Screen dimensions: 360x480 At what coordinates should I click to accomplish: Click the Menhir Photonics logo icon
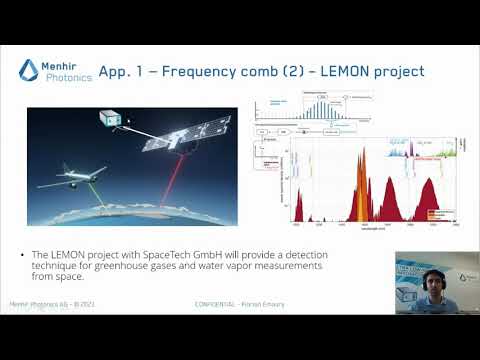click(x=29, y=69)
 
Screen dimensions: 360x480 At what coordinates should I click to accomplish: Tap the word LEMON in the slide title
click(x=335, y=71)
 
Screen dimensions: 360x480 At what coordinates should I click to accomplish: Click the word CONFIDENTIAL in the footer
click(x=216, y=302)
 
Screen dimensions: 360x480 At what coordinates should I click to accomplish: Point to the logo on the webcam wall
click(x=466, y=277)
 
